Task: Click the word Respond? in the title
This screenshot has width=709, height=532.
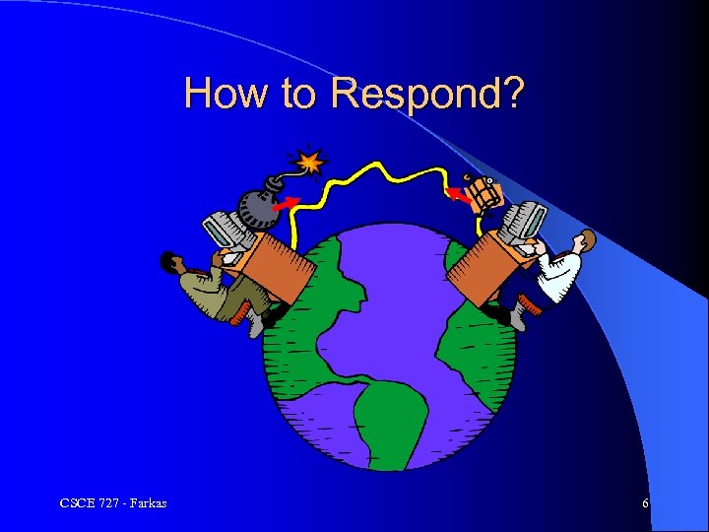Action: [x=427, y=94]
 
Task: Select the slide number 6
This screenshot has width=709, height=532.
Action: [x=645, y=504]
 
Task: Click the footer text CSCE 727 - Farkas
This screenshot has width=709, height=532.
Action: [x=113, y=504]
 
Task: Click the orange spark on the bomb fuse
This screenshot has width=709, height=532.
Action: [x=310, y=160]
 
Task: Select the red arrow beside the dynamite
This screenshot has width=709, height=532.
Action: [x=458, y=195]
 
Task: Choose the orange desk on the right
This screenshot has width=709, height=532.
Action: [x=481, y=270]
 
